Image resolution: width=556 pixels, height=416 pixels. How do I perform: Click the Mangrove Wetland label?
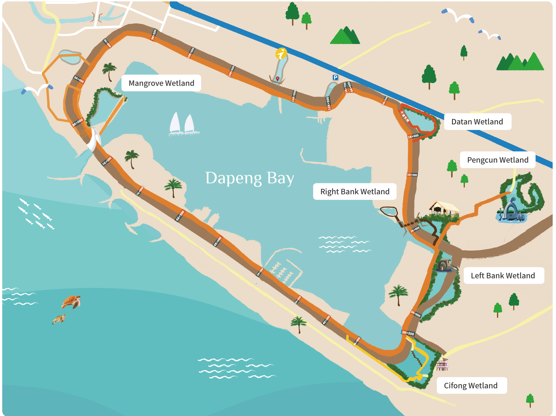[161, 83]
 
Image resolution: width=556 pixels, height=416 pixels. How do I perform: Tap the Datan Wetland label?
[477, 122]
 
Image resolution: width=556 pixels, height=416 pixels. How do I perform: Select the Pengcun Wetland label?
[498, 160]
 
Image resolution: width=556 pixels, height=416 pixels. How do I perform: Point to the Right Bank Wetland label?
[355, 192]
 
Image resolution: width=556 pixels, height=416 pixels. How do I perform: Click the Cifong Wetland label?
[471, 386]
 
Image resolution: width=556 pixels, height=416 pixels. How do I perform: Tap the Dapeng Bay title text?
[249, 178]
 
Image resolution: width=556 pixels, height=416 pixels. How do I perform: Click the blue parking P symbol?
[335, 77]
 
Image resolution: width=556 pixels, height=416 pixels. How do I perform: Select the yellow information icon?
[281, 53]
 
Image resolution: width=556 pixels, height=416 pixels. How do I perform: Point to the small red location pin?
[277, 79]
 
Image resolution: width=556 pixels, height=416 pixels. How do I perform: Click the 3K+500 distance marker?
[408, 333]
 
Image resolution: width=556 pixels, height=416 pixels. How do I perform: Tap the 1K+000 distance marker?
[413, 136]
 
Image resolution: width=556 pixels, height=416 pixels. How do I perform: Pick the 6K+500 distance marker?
[180, 216]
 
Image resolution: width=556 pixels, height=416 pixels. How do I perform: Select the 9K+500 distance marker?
[154, 35]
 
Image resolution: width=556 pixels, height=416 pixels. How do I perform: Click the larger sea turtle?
[71, 302]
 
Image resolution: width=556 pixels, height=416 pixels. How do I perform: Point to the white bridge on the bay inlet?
[94, 139]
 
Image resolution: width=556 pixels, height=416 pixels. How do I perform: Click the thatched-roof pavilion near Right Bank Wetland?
[443, 209]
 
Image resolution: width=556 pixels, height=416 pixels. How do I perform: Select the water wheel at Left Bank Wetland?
[444, 265]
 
